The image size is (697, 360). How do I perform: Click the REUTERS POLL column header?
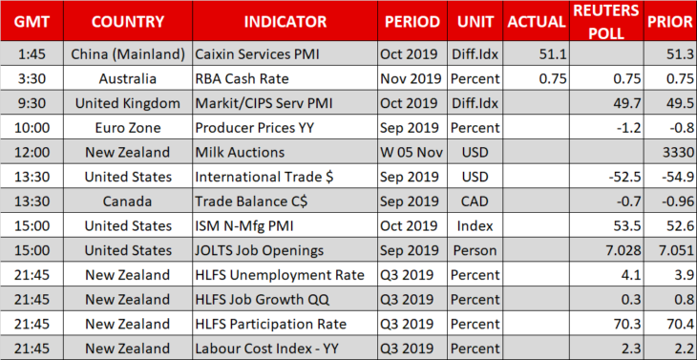(606, 22)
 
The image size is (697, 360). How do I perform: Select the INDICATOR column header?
(285, 22)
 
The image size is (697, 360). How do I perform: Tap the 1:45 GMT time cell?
(32, 54)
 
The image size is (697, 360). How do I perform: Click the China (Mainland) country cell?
(128, 54)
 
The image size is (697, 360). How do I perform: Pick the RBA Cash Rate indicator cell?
(242, 79)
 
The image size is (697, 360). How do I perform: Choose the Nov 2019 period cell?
(411, 79)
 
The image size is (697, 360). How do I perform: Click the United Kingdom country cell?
(128, 103)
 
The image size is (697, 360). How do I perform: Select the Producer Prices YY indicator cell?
(255, 128)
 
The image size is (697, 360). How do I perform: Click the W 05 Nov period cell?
(412, 153)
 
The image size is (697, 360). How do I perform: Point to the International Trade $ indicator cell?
(264, 177)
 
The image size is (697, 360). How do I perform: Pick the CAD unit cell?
(475, 201)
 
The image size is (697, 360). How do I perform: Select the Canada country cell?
(128, 201)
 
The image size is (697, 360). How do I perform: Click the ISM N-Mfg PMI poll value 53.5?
(628, 225)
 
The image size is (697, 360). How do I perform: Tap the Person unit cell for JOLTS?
(475, 250)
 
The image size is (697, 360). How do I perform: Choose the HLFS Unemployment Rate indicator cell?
(280, 275)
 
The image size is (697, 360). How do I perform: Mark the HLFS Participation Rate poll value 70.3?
(628, 324)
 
